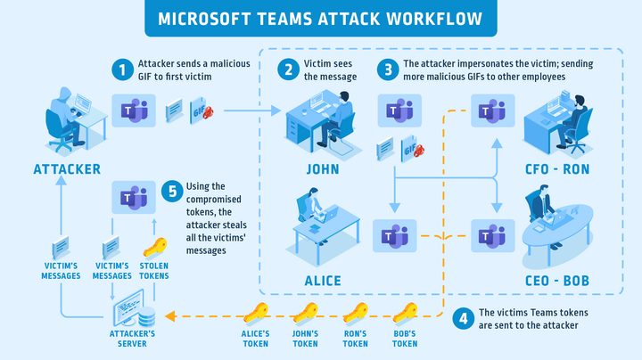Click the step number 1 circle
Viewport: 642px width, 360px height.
pyautogui.click(x=122, y=70)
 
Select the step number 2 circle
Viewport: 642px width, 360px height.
pyautogui.click(x=287, y=70)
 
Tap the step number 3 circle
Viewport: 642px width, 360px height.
pyautogui.click(x=386, y=70)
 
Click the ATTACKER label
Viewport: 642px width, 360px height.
pyautogui.click(x=67, y=168)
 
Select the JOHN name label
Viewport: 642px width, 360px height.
pyautogui.click(x=322, y=168)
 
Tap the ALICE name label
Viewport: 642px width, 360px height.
pyautogui.click(x=323, y=281)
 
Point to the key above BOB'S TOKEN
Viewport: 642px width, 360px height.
pyautogui.click(x=405, y=314)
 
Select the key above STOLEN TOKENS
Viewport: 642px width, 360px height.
pyautogui.click(x=155, y=247)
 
